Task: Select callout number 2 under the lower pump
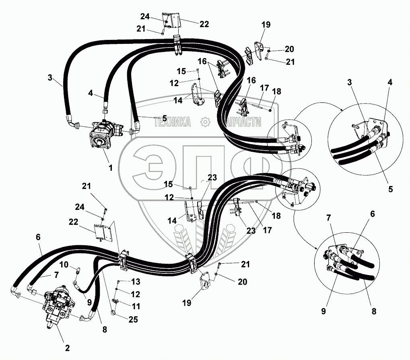67,348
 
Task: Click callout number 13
136,281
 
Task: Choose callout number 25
133,319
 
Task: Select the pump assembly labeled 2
58,306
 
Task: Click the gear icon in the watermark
205,122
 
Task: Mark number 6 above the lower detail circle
372,214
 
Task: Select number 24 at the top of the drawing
145,17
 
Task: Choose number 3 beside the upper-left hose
50,78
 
